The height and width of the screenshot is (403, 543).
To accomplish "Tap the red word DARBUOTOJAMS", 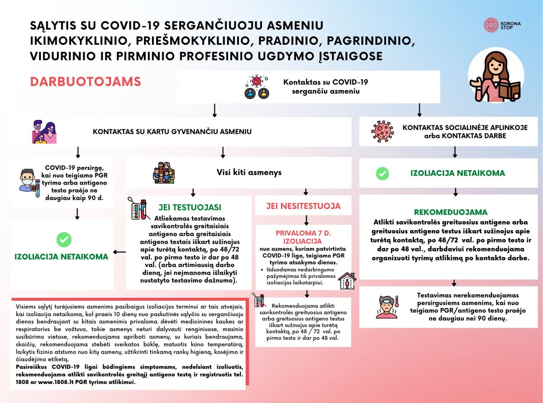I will [86, 82].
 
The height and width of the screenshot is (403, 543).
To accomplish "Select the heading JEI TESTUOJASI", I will [190, 208].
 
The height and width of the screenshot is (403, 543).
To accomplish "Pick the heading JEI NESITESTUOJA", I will [303, 206].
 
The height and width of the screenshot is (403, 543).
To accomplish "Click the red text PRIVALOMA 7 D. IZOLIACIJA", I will [303, 237].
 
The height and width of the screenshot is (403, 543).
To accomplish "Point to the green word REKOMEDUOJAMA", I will [451, 212].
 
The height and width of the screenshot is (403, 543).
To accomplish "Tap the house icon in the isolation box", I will [347, 281].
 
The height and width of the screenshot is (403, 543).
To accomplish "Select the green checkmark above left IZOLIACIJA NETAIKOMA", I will [64, 240].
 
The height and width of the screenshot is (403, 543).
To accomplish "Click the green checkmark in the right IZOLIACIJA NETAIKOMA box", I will [382, 173].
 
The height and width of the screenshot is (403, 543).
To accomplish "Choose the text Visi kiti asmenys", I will [249, 172].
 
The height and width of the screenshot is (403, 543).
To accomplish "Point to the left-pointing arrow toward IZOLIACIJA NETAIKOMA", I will [119, 252].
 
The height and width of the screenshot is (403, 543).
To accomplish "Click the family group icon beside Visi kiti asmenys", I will [164, 173].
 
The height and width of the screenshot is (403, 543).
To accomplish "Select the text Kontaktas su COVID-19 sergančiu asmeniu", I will [326, 86].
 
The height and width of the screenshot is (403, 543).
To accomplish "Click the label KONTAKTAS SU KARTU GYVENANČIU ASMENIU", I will [172, 132].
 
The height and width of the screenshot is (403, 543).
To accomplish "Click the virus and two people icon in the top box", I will [256, 87].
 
